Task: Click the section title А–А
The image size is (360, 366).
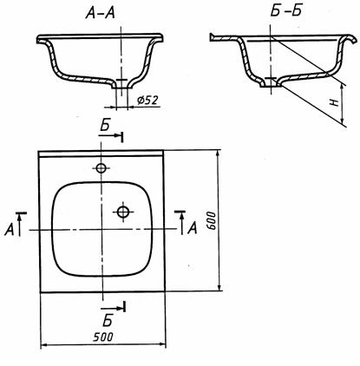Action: (x=100, y=13)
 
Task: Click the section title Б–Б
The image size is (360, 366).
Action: (x=286, y=11)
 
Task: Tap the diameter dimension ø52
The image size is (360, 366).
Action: (x=147, y=101)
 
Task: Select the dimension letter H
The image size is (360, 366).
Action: (x=335, y=102)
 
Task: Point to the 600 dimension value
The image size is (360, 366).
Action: (x=212, y=220)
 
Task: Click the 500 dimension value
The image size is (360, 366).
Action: (x=103, y=337)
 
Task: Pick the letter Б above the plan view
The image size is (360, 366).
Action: (x=105, y=126)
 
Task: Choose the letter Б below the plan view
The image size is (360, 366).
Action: (x=107, y=320)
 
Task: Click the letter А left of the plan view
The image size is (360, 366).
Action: (x=10, y=230)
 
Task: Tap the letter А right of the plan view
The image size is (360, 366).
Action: (x=192, y=228)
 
